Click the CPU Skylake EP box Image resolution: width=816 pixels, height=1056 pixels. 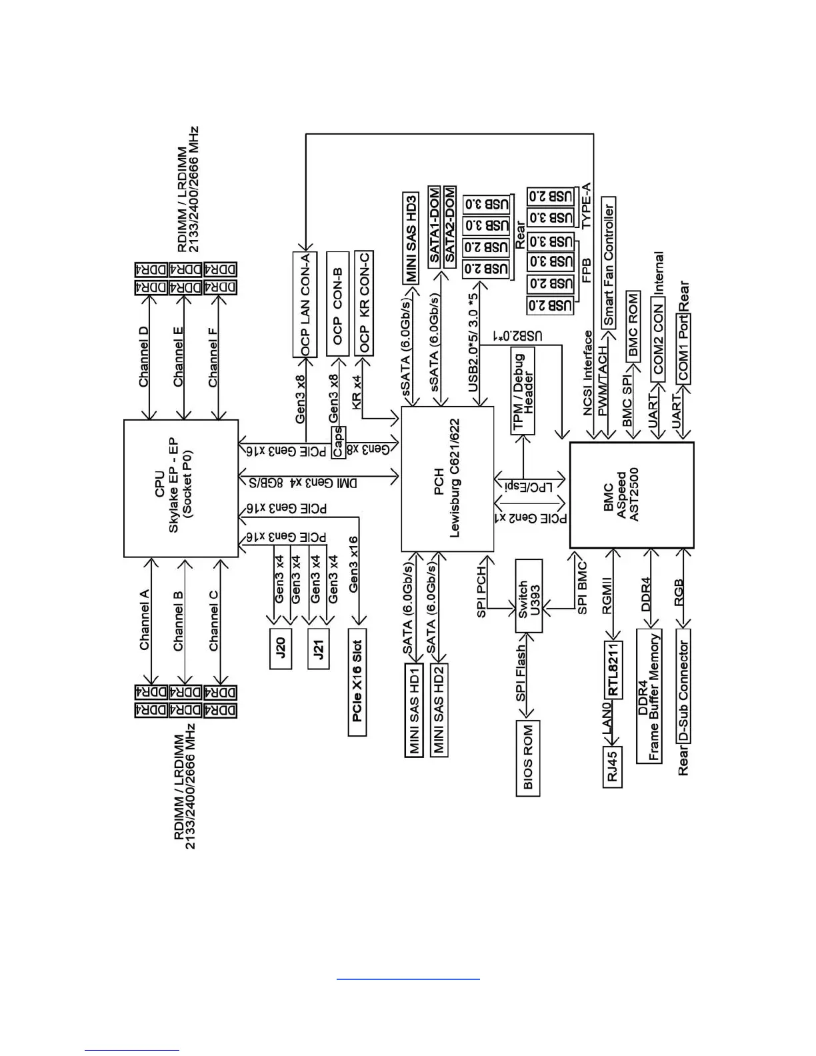(181, 488)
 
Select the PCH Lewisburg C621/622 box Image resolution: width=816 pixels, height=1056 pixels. (447, 479)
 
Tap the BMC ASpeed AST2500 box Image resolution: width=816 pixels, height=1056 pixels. (631, 495)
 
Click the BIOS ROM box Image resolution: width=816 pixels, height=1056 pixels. (528, 758)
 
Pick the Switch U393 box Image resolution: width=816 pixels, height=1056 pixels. (529, 596)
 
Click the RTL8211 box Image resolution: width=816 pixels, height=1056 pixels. (613, 669)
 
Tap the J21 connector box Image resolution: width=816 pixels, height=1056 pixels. (319, 648)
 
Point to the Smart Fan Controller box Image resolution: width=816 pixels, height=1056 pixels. (608, 261)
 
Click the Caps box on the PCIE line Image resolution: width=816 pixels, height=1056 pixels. (339, 442)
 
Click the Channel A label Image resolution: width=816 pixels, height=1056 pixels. (144, 620)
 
